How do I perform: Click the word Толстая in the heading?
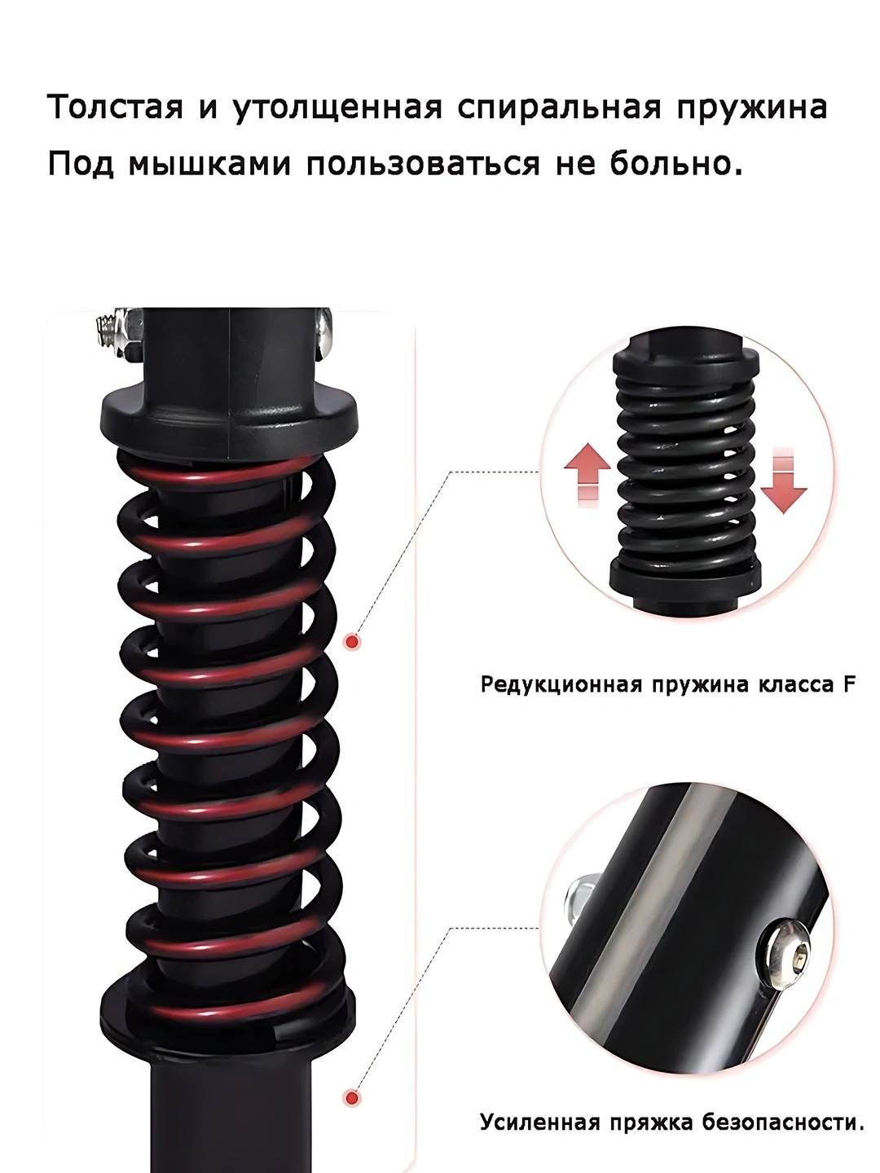(x=115, y=107)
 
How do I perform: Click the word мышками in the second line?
(x=209, y=163)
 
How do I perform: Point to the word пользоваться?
(x=423, y=163)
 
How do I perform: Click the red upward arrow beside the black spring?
(x=587, y=475)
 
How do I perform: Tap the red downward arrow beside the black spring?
(x=784, y=481)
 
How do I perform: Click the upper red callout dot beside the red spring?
(x=352, y=641)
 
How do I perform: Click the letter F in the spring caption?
(x=849, y=684)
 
